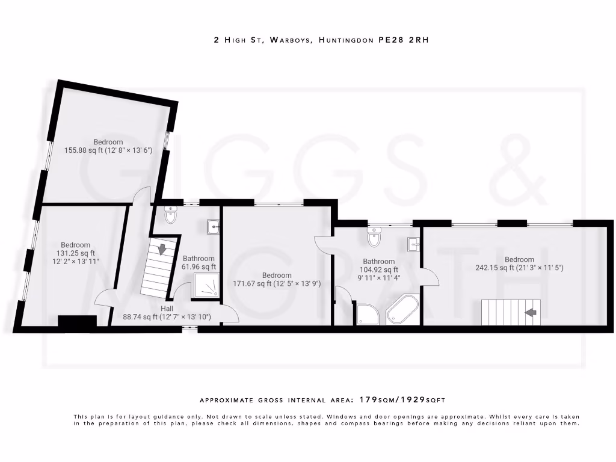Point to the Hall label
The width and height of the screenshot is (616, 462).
tap(167, 308)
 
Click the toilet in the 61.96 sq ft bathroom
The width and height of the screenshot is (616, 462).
tap(170, 215)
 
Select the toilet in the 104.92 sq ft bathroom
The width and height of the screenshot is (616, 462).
tap(374, 238)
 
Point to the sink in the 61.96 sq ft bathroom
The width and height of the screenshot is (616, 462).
tap(212, 226)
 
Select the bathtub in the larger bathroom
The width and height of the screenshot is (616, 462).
tap(403, 310)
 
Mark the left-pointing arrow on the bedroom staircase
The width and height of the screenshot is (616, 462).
tap(531, 312)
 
